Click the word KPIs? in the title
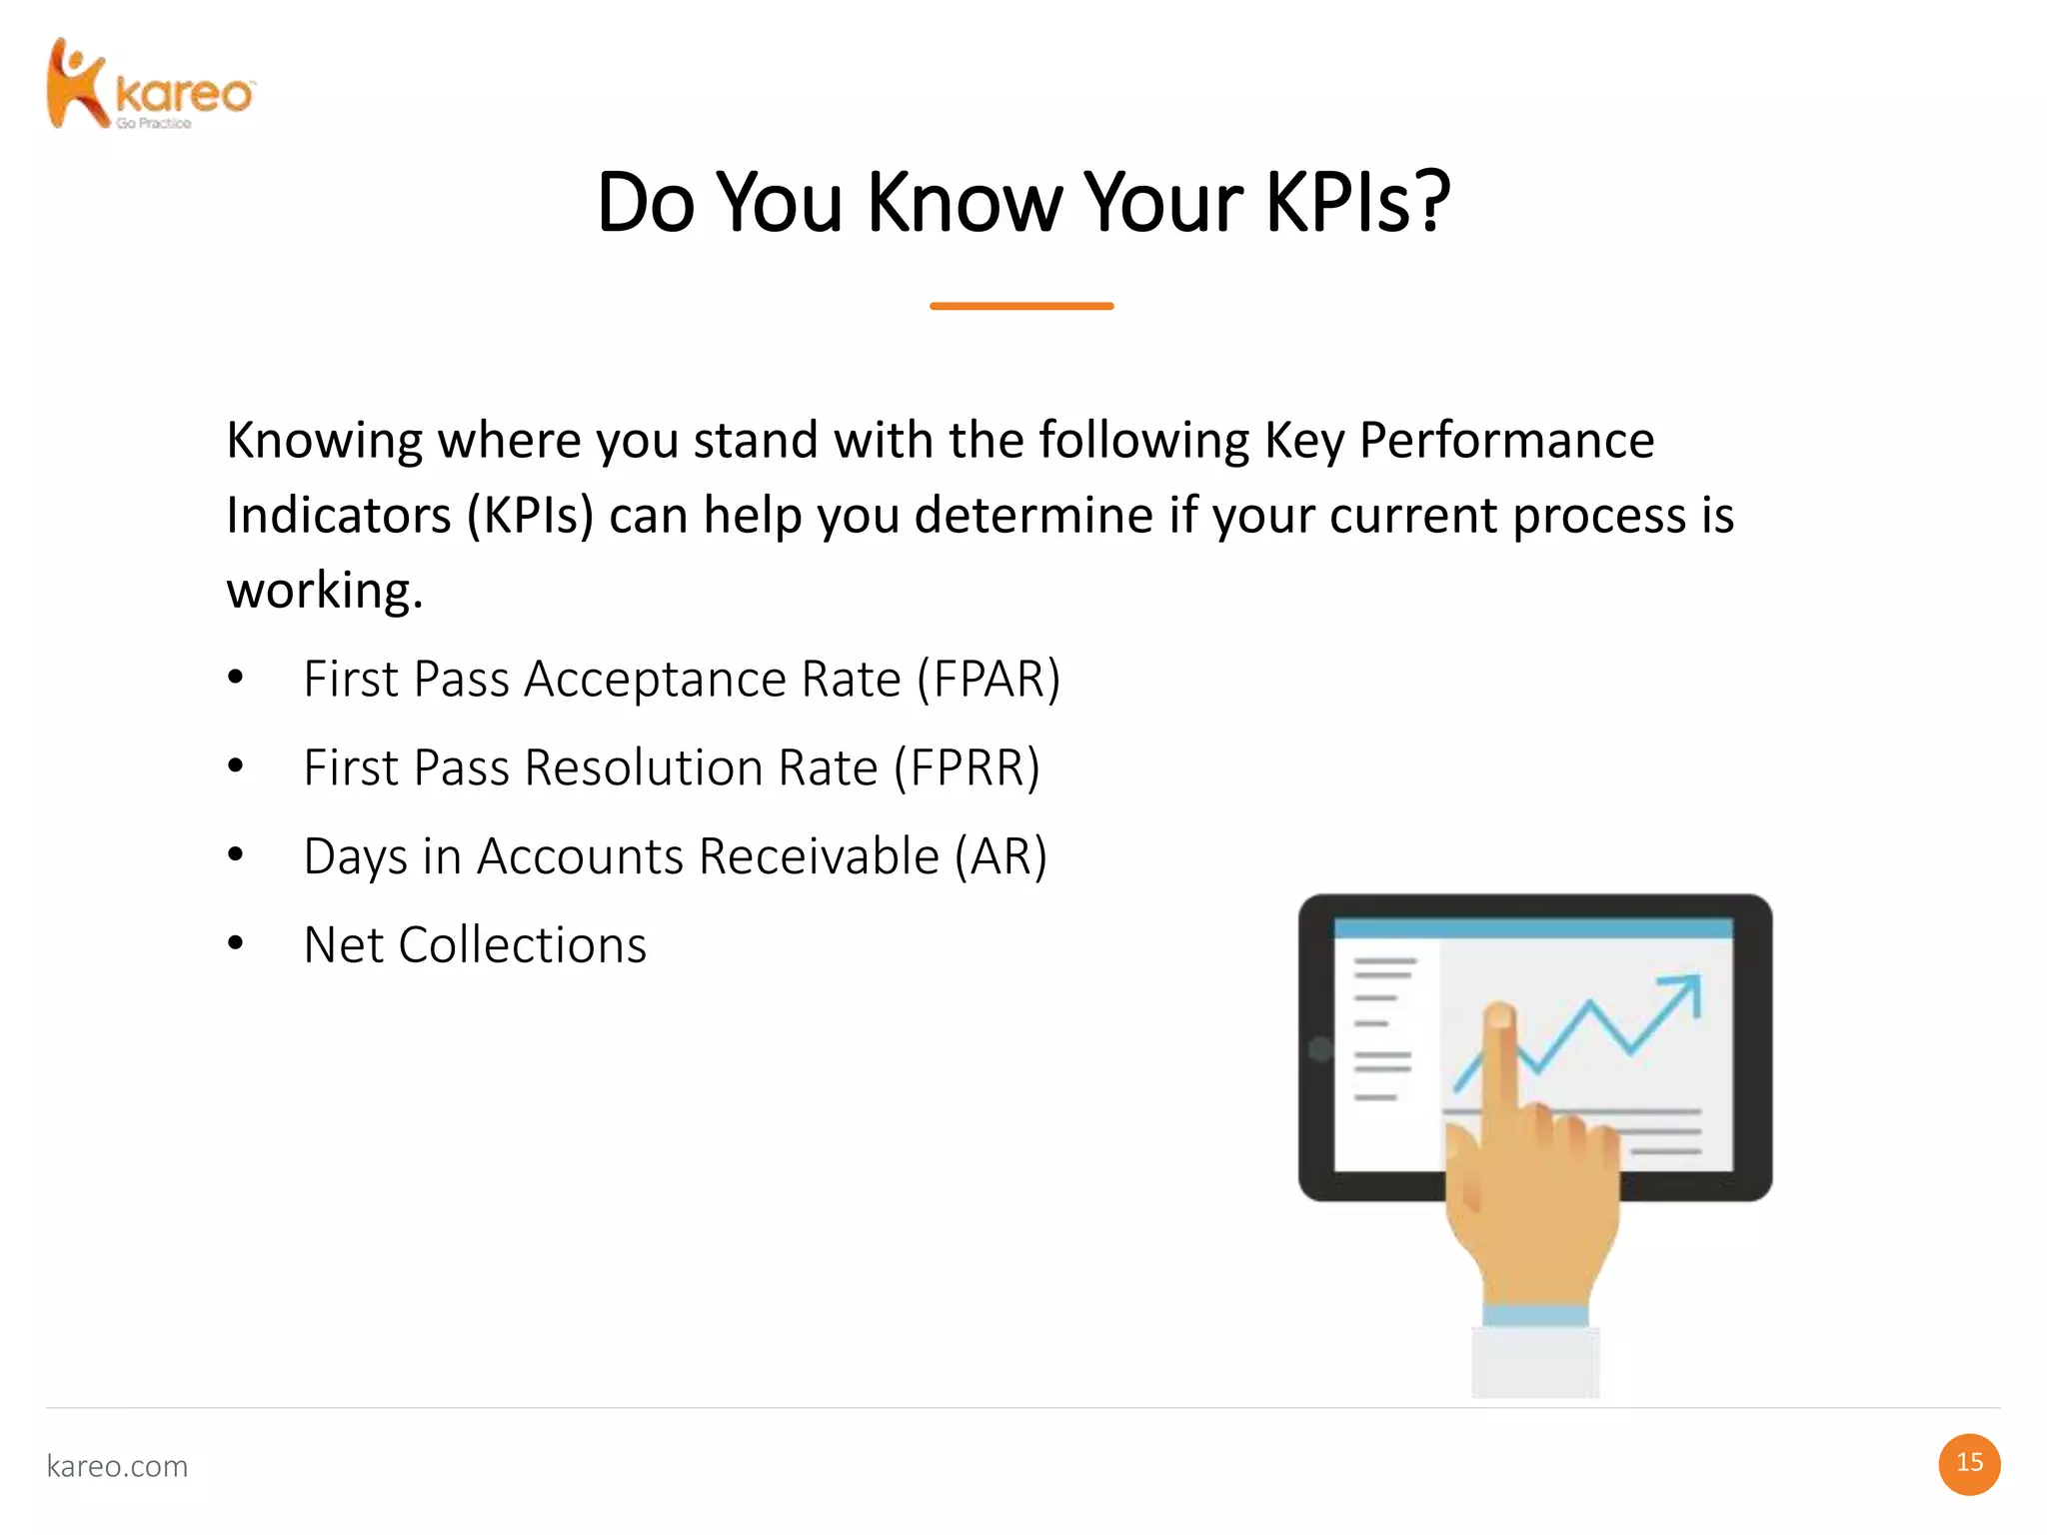click(1357, 203)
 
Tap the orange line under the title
click(1022, 306)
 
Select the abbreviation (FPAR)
click(989, 680)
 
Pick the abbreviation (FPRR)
click(967, 768)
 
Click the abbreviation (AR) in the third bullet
click(1001, 857)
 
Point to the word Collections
click(523, 945)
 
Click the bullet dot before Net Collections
click(236, 943)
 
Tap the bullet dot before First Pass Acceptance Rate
click(236, 678)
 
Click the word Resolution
click(701, 768)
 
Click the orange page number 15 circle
click(1969, 1464)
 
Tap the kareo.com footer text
click(117, 1466)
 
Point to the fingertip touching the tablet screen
click(1498, 1018)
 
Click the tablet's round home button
click(1320, 1048)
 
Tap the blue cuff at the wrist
click(1535, 1315)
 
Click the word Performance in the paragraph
click(1506, 441)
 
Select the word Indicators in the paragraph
click(339, 516)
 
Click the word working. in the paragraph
click(325, 591)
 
